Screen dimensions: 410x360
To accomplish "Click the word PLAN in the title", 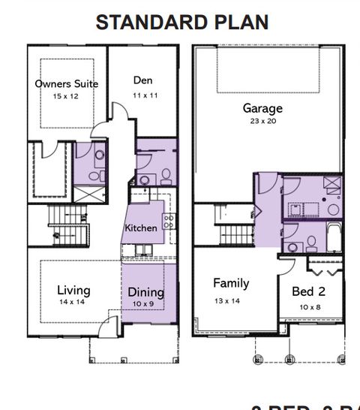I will click(238, 22).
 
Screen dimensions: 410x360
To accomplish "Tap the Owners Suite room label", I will click(66, 84).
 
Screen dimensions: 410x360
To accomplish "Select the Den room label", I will click(143, 80).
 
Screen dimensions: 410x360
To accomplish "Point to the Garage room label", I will click(262, 108).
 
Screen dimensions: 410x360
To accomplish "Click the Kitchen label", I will click(142, 228).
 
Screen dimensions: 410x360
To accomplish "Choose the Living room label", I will click(73, 290).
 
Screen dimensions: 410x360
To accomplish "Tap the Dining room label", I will click(145, 292).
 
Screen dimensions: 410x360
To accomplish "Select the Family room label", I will click(231, 284).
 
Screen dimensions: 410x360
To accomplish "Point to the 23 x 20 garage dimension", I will click(262, 121).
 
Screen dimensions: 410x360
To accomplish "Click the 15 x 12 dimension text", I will click(66, 97).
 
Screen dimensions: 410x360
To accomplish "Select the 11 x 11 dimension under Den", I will click(143, 96).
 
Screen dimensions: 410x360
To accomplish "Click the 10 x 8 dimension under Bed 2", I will click(310, 306).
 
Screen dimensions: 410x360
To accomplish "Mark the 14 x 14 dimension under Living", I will click(73, 302).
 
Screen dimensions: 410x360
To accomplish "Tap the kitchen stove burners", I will click(170, 220).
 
